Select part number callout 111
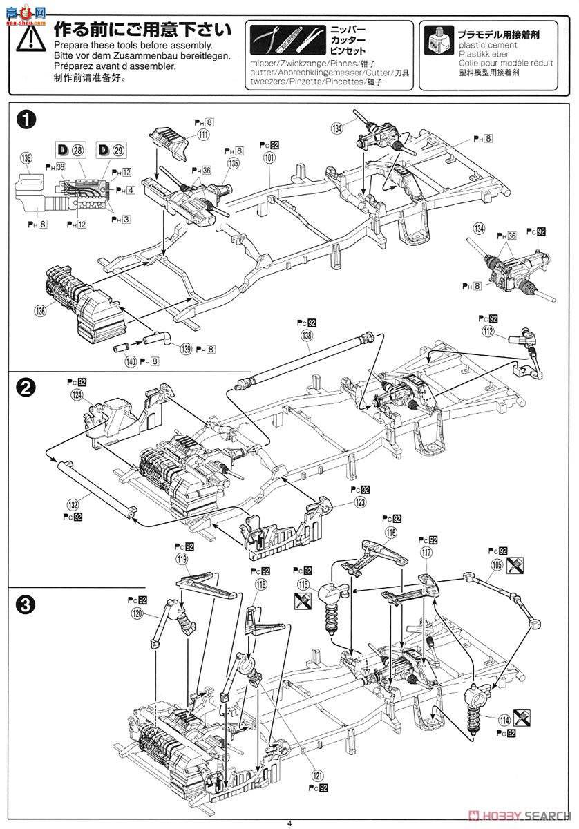pyautogui.click(x=203, y=135)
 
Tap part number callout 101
pyautogui.click(x=269, y=158)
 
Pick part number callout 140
pyautogui.click(x=130, y=360)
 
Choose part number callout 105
pyautogui.click(x=495, y=564)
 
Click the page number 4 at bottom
pyautogui.click(x=290, y=822)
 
